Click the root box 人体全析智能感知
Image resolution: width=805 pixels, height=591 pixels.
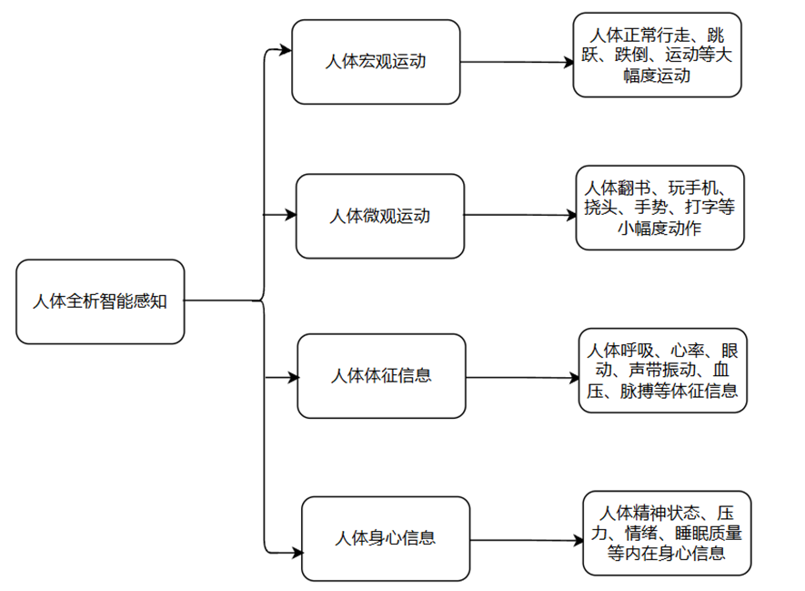pos(100,301)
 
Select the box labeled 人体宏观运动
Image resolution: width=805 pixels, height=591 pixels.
pos(375,62)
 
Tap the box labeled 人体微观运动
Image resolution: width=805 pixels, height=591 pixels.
pos(379,217)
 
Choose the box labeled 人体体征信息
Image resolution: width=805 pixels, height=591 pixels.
pos(382,375)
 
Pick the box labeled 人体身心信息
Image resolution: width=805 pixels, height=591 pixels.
pos(386,538)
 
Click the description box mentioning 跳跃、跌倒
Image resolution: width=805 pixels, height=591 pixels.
pos(657,55)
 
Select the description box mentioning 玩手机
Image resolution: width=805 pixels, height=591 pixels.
pos(659,208)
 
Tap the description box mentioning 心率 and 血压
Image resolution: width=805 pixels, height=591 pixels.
pos(662,372)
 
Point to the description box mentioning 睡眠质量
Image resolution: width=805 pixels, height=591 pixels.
pos(667,534)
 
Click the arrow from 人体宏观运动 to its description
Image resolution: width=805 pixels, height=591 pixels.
pos(516,62)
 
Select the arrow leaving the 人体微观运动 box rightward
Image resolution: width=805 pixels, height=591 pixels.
pos(519,216)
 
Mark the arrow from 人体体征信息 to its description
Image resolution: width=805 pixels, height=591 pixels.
pos(522,376)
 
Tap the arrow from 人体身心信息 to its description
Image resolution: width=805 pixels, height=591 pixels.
pos(527,540)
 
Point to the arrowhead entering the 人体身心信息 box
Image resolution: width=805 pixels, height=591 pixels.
pos(296,551)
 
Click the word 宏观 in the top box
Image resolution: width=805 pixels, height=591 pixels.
pos(376,62)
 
